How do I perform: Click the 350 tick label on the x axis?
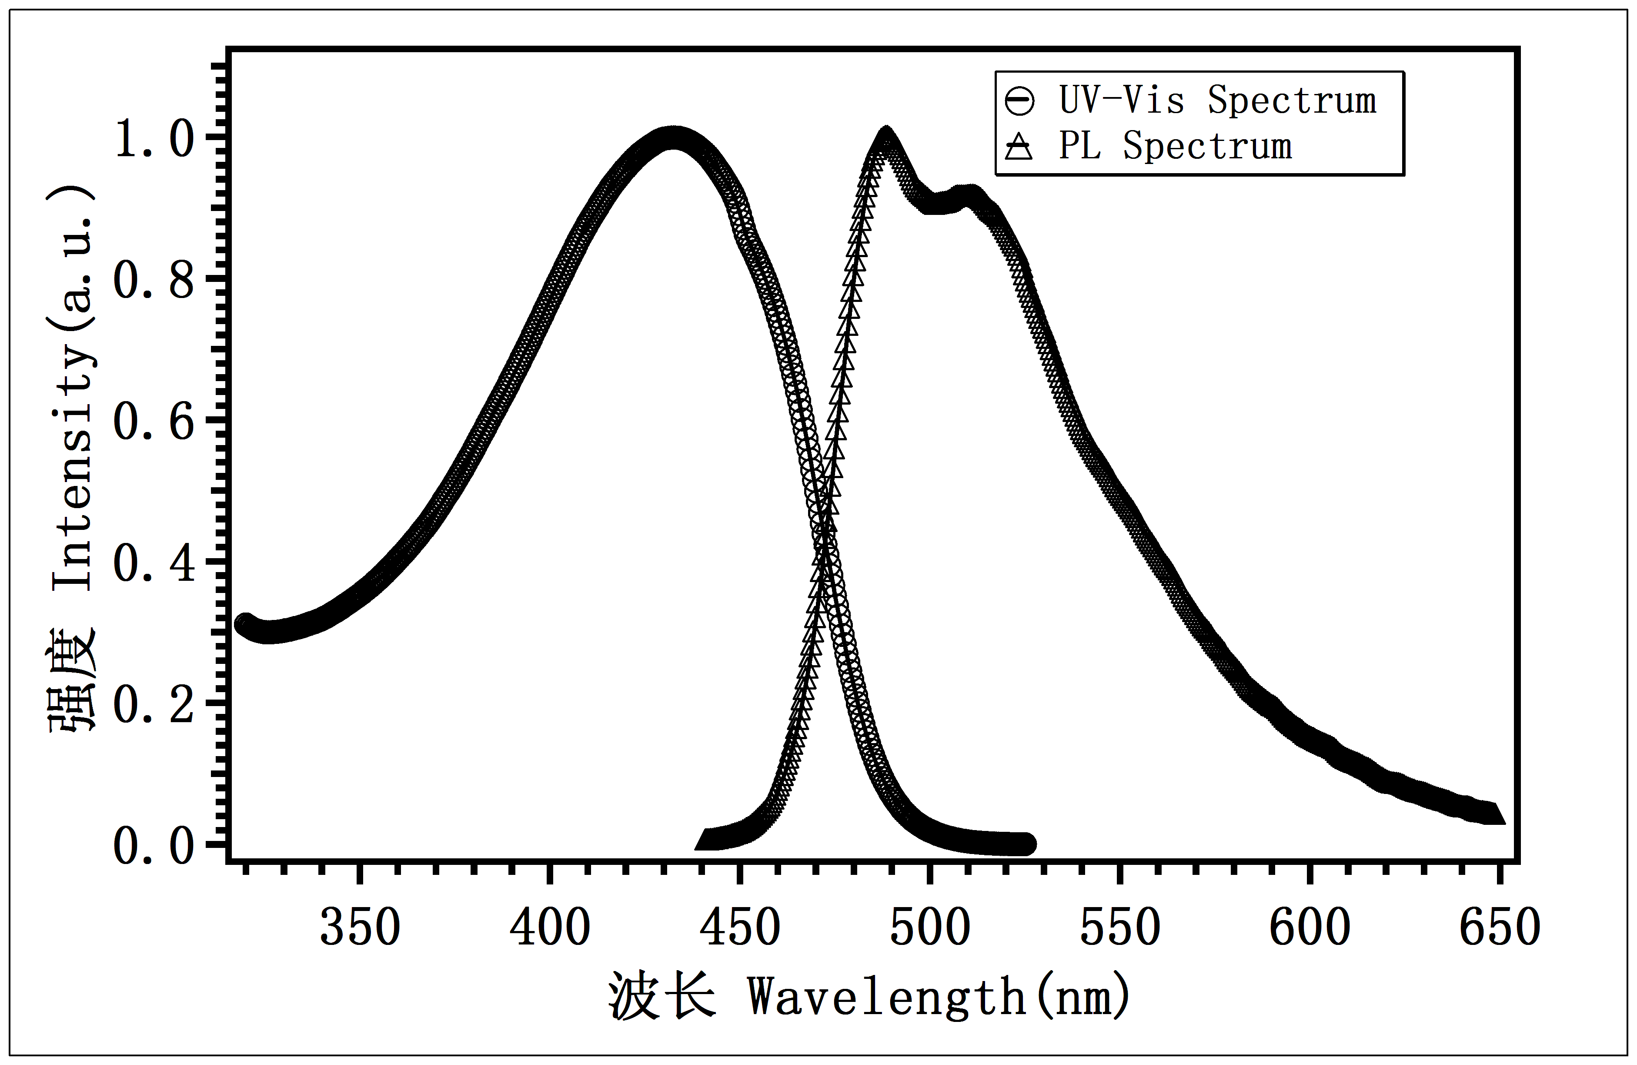tap(360, 928)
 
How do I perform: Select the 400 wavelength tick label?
tap(550, 928)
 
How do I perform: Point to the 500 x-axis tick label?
tap(929, 928)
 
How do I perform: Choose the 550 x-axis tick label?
tap(1120, 928)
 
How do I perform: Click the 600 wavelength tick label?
tap(1310, 928)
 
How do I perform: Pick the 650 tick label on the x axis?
tap(1500, 928)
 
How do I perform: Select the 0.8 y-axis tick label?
tap(155, 280)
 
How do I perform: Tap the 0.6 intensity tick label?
tap(155, 421)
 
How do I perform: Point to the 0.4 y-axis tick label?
tap(155, 563)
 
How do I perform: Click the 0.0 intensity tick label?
tap(155, 846)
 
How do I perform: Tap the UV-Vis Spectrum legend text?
tap(1217, 101)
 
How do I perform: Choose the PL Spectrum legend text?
tap(1175, 147)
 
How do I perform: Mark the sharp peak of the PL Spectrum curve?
tap(886, 134)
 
